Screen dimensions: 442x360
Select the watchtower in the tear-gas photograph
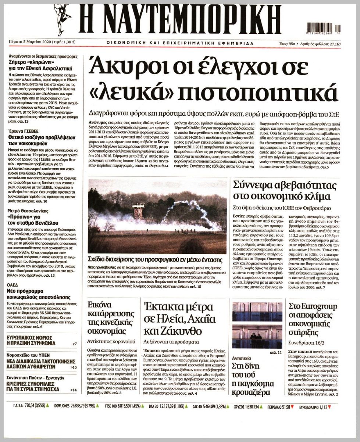[x=139, y=210]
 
